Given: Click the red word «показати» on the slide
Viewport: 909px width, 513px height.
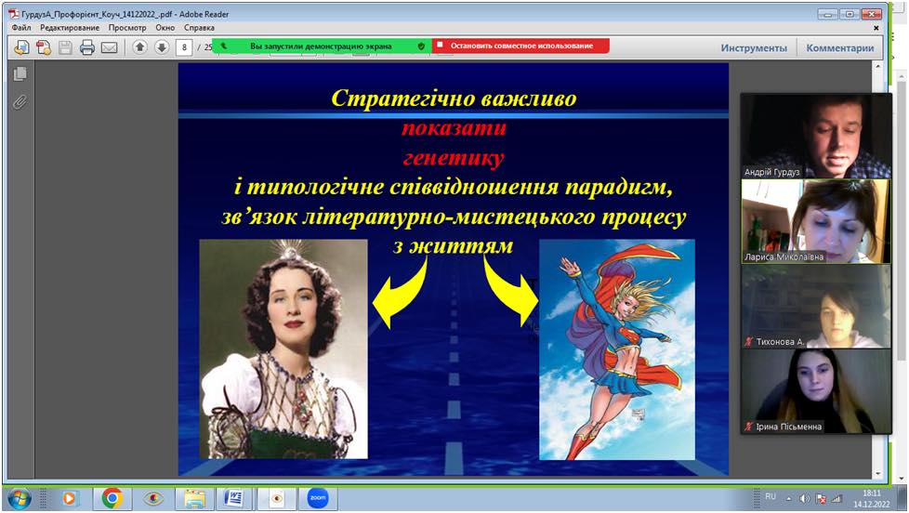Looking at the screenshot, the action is [x=454, y=127].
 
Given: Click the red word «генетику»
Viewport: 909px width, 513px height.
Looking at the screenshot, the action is [x=454, y=158].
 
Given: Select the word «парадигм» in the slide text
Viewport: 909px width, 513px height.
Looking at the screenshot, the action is [x=619, y=187].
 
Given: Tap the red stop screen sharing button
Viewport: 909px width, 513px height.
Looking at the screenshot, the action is [x=520, y=46].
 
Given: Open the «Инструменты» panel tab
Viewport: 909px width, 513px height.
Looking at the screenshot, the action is [x=754, y=48].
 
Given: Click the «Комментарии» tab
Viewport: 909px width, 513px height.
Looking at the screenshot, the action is [x=840, y=48].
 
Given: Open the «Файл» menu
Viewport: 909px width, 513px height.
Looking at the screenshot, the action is [x=21, y=28].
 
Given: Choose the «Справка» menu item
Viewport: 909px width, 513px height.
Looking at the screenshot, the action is [x=200, y=28].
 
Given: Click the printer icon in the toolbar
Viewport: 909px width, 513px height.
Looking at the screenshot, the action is [x=87, y=47].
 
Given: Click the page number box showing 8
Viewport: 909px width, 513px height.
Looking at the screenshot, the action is [x=184, y=47].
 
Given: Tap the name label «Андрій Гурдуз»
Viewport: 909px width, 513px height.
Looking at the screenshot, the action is [x=771, y=172].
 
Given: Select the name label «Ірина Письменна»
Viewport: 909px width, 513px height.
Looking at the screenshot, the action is [x=788, y=427].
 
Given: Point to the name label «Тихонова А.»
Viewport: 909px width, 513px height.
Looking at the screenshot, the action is [x=780, y=342].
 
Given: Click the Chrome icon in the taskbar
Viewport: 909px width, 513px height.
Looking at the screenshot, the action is [x=112, y=498].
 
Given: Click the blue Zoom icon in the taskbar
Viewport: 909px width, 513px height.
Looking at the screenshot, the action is [x=318, y=498].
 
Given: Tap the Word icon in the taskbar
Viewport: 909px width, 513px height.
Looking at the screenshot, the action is [x=233, y=498].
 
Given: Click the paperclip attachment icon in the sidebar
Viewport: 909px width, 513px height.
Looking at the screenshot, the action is [x=20, y=102].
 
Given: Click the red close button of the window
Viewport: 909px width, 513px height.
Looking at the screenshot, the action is [x=871, y=14].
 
